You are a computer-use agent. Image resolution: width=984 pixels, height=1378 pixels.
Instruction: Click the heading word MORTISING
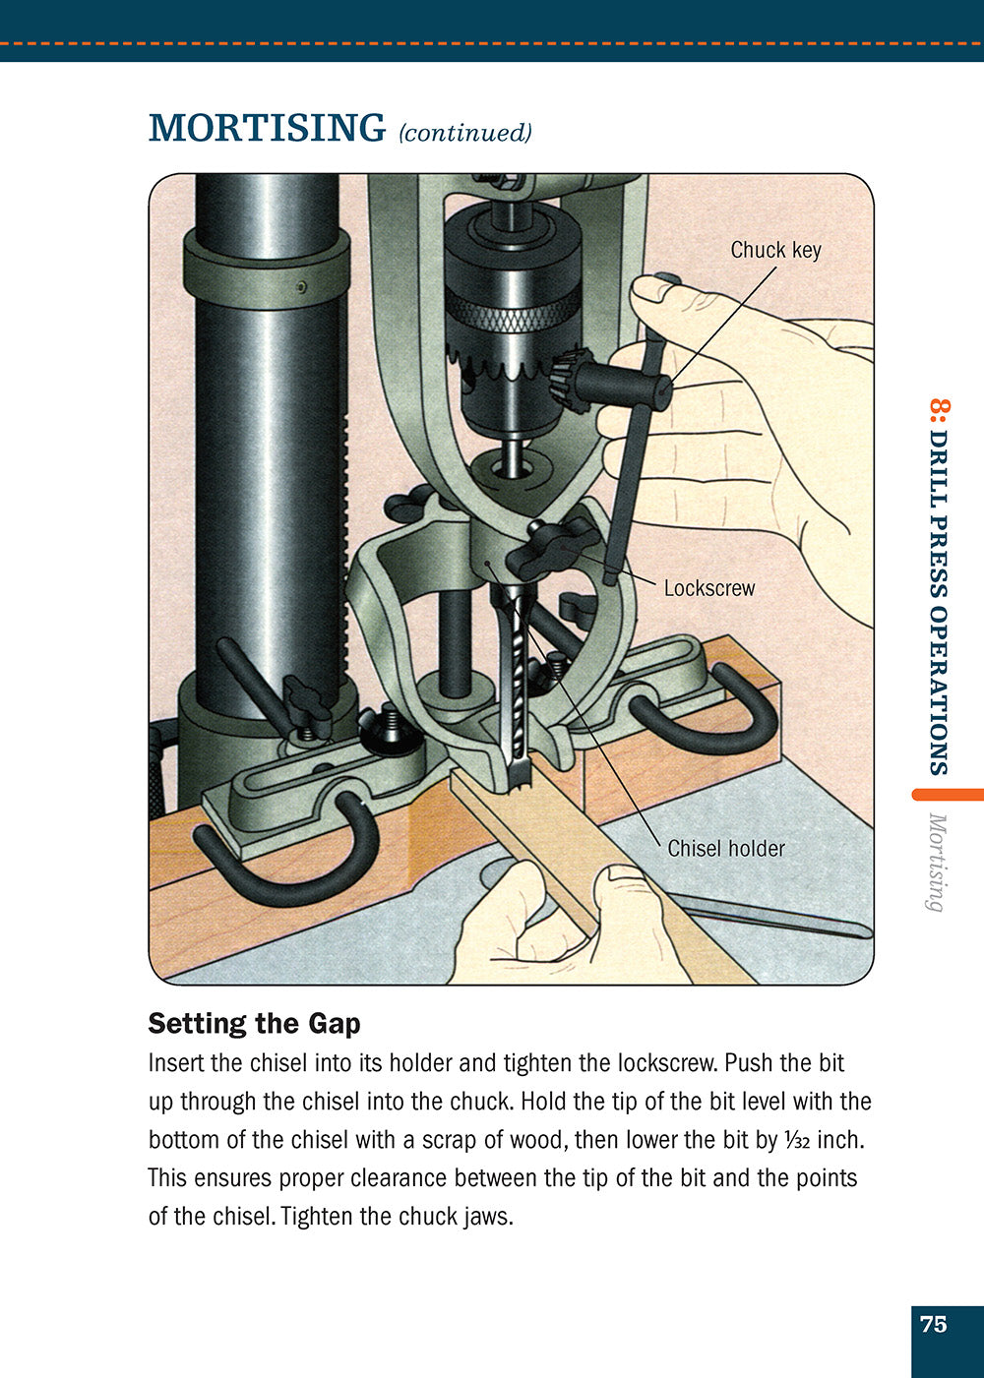click(x=267, y=129)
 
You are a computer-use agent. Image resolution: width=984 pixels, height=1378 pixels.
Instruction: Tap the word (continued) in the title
click(x=464, y=133)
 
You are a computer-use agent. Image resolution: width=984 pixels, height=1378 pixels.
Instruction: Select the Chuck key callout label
click(x=774, y=250)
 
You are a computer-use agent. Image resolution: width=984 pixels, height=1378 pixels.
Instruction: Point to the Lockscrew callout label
click(x=708, y=588)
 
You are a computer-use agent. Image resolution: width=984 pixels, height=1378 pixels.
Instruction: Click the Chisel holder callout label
click(x=725, y=848)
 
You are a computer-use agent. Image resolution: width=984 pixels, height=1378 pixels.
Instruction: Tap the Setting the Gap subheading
click(x=254, y=1024)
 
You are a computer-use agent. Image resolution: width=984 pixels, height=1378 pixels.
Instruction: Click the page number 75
click(x=933, y=1324)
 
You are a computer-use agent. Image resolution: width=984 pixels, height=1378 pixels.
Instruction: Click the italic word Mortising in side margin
click(x=937, y=863)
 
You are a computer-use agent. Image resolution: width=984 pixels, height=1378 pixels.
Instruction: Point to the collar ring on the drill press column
click(x=266, y=270)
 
